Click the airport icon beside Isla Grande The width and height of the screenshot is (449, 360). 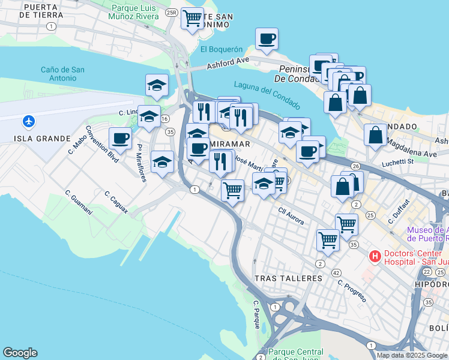pyautogui.click(x=28, y=121)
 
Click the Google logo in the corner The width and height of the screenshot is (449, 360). pyautogui.click(x=20, y=353)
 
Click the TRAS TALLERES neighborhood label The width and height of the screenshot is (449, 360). pyautogui.click(x=288, y=278)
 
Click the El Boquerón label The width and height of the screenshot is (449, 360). pyautogui.click(x=221, y=50)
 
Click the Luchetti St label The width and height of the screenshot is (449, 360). pyautogui.click(x=399, y=162)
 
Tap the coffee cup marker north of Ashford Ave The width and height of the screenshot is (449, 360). pyautogui.click(x=267, y=40)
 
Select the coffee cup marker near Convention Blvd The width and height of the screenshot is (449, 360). pyautogui.click(x=120, y=139)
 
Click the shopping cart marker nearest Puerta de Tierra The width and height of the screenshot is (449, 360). pyautogui.click(x=192, y=19)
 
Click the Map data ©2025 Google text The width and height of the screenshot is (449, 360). pyautogui.click(x=412, y=355)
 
